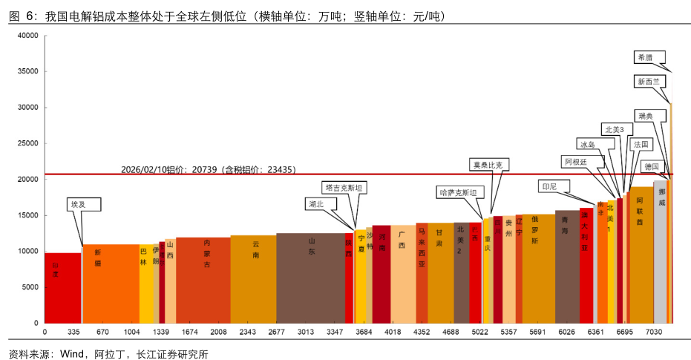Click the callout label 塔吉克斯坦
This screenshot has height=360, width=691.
[344, 188]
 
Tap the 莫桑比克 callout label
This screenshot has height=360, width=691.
[491, 164]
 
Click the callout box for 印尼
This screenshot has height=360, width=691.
[550, 186]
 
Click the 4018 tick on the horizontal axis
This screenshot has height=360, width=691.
[393, 332]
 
